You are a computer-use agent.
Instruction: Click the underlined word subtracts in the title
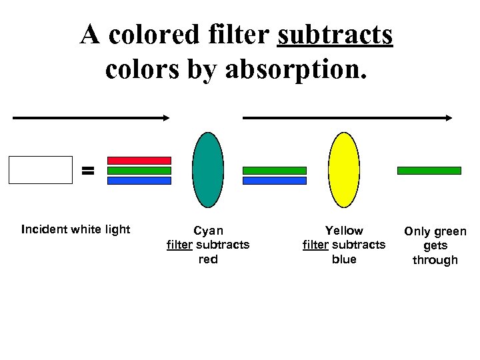point(335,35)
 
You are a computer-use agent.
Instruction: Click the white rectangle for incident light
point(40,170)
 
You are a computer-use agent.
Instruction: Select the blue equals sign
point(87,171)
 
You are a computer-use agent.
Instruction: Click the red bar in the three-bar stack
point(139,161)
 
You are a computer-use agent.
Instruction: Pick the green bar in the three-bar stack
point(139,171)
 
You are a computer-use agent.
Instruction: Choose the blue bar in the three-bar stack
point(139,180)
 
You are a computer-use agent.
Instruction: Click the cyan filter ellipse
point(208,170)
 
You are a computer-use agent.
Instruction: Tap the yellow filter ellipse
point(344,170)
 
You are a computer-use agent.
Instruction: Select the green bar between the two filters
point(274,171)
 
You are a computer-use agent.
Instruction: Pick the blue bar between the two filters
point(274,180)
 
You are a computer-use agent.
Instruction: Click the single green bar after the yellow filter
point(429,171)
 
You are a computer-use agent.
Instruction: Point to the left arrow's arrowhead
point(166,118)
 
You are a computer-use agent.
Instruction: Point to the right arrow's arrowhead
point(449,118)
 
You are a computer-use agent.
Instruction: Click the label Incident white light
point(75,230)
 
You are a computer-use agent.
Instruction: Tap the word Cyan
point(208,231)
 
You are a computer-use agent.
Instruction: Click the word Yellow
point(344,231)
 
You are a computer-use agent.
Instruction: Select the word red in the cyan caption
point(208,259)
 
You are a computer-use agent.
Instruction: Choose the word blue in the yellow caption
point(344,259)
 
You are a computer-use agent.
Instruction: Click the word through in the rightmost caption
point(435,261)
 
